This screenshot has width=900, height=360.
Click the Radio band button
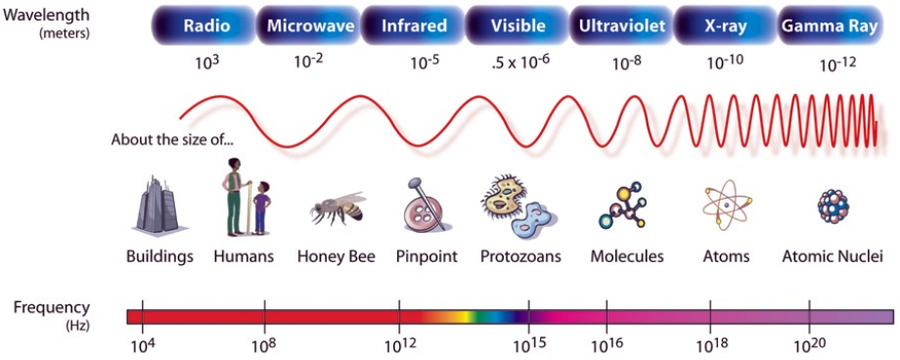pos(205,25)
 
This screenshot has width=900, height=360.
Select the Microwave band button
pos(310,25)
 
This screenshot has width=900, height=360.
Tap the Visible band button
pos(518,25)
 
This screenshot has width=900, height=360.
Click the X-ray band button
pos(727,25)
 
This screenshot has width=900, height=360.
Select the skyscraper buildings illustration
pos(156,203)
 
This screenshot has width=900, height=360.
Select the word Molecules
pos(627,256)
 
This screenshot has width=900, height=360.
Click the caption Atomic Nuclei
pos(832,256)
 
